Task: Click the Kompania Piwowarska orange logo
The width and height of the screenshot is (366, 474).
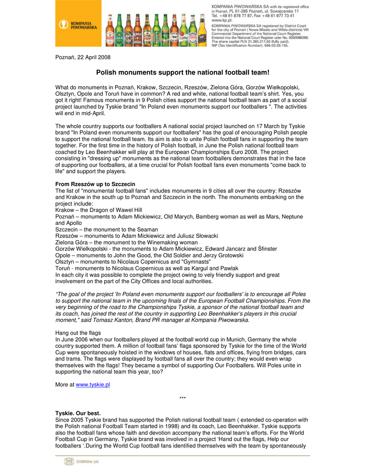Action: click(78, 24)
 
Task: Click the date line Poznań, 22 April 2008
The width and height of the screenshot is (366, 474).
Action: click(83, 57)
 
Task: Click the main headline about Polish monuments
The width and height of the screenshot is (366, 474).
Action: click(182, 73)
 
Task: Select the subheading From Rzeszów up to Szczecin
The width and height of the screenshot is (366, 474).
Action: click(95, 184)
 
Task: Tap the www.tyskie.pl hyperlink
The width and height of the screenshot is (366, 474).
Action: click(93, 385)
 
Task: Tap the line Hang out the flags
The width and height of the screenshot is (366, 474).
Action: click(78, 333)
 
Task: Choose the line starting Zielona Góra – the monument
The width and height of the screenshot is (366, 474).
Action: click(126, 242)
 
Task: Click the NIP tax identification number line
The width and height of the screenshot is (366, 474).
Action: click(250, 46)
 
